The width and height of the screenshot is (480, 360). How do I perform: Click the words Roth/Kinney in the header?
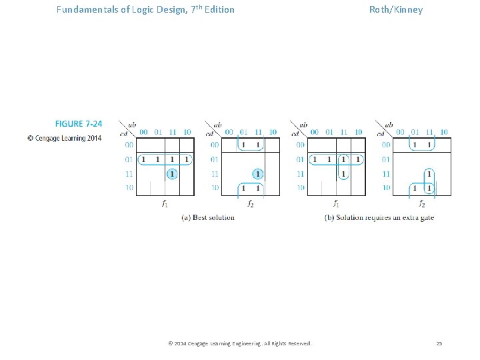(396, 10)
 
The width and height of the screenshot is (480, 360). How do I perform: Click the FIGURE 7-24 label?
(79, 124)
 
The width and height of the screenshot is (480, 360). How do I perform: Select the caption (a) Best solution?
(208, 217)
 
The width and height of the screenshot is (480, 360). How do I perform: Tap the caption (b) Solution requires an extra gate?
(379, 217)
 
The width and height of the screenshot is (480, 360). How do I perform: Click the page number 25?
(439, 343)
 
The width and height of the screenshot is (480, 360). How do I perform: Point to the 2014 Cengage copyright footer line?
(240, 343)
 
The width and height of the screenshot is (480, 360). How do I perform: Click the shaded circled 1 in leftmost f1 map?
(172, 174)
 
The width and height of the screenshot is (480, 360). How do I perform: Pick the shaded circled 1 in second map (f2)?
(257, 174)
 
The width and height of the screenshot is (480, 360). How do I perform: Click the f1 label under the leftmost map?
(165, 204)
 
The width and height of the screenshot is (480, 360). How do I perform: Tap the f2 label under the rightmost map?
(422, 204)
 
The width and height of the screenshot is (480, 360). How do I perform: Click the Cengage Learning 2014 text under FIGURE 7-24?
(65, 138)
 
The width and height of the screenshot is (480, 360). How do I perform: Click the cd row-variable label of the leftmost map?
(124, 134)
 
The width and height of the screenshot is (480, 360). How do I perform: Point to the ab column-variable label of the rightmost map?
(389, 125)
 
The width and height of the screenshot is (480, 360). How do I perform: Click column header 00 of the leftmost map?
(143, 132)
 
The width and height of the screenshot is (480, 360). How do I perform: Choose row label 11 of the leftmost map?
(129, 174)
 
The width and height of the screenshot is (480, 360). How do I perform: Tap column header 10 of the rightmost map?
(444, 132)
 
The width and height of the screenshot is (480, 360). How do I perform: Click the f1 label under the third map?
(336, 204)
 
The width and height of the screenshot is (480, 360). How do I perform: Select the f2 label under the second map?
(250, 204)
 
